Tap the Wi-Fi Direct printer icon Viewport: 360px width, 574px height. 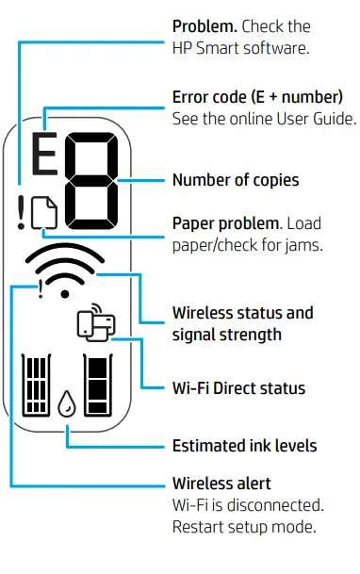point(95,324)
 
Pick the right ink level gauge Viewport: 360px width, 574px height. point(98,385)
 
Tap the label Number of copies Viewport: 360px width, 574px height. point(236,179)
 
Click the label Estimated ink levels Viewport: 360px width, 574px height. point(244,445)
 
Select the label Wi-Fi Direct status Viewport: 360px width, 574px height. point(238,387)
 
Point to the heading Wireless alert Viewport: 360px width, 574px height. point(221,484)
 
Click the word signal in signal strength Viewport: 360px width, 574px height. point(194,334)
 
